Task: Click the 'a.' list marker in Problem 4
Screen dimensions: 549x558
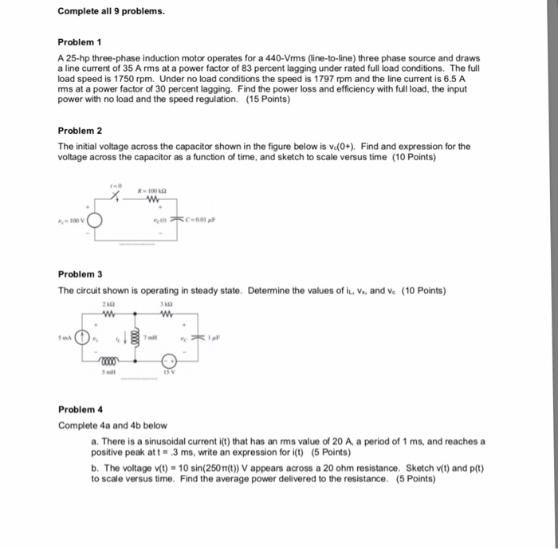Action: [x=95, y=441]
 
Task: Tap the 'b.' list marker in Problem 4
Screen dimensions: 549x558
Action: [x=95, y=469]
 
